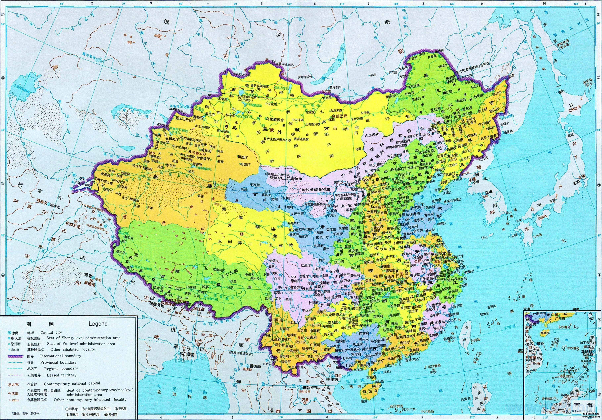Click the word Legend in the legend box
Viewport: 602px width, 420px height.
click(x=98, y=324)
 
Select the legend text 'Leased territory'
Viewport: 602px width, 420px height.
click(x=62, y=375)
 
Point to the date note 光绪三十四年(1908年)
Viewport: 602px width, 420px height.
click(x=26, y=413)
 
